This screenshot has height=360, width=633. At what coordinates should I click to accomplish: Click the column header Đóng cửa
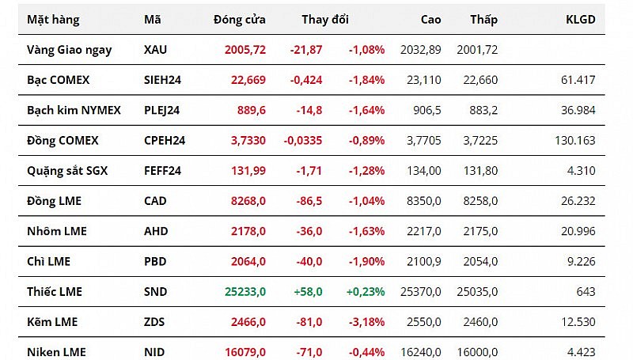point(239,19)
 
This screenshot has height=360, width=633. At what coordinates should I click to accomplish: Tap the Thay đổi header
point(324,19)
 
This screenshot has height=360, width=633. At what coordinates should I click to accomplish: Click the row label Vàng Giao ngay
point(70,49)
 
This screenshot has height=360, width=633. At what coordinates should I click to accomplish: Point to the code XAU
point(156,49)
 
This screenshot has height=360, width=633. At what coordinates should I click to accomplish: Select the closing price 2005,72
point(244,49)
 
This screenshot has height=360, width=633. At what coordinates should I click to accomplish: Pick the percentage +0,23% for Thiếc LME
point(365,291)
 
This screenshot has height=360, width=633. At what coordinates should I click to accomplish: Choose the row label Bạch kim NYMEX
point(74,110)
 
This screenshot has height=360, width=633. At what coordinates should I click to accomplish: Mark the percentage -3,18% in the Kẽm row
point(366,321)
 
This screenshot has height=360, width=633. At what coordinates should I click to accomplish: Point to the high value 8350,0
point(423,201)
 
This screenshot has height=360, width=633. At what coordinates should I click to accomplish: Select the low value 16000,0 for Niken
point(477,351)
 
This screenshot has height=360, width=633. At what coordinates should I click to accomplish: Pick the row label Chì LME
point(48,261)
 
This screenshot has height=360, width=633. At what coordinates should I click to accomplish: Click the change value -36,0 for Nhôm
point(307,231)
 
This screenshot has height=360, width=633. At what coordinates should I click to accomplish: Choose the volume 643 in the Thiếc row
point(586,291)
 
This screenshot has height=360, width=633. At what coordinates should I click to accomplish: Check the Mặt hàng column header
point(51,19)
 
